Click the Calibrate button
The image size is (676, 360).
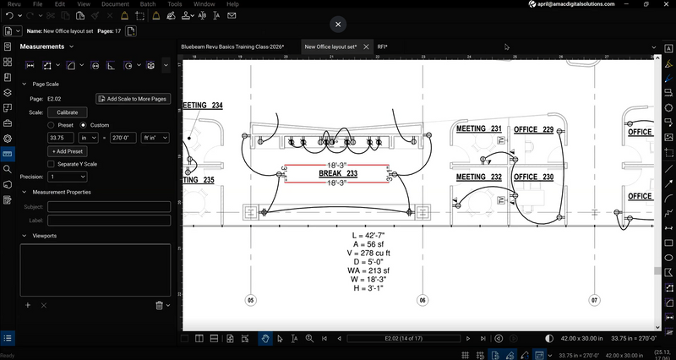(68, 112)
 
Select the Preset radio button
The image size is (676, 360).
(52, 124)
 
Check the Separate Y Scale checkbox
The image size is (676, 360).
(52, 164)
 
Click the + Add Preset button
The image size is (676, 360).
(68, 150)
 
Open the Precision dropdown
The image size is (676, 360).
(68, 177)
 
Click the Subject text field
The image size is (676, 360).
(109, 207)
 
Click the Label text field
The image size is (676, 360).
(109, 221)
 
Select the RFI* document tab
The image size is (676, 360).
(382, 46)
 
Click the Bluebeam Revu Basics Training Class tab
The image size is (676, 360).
(233, 46)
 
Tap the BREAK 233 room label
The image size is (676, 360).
(338, 173)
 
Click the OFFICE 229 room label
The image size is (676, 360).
(533, 129)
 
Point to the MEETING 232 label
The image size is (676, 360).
(478, 177)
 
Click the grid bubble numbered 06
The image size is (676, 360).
(422, 300)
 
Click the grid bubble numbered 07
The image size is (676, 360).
(594, 300)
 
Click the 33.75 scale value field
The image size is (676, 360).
(62, 137)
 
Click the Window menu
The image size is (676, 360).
(203, 4)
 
